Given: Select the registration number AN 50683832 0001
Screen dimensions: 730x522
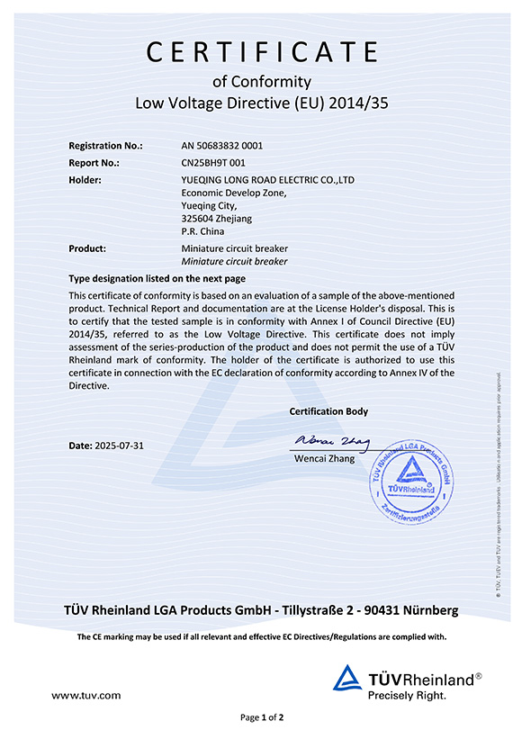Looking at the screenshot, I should (222, 146).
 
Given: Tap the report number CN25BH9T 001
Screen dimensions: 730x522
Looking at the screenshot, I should (213, 163).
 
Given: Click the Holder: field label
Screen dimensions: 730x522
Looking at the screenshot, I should (85, 180).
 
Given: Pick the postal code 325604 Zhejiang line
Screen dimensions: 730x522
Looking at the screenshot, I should (217, 218).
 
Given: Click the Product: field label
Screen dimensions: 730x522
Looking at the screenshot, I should (88, 248).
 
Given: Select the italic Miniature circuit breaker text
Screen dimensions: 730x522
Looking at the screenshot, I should (234, 261).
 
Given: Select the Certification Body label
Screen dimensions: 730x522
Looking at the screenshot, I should (328, 411).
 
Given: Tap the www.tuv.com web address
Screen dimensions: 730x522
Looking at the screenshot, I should (86, 695).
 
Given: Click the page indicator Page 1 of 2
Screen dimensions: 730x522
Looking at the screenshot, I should (262, 717).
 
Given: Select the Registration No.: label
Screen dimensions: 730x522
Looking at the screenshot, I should (105, 146).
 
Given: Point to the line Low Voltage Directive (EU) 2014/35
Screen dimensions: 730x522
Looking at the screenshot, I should (261, 104).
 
